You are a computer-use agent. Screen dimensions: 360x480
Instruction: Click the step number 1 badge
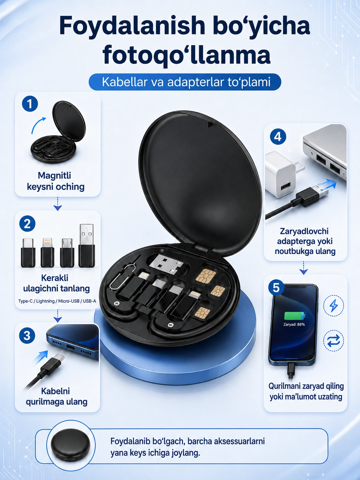coord(30,104)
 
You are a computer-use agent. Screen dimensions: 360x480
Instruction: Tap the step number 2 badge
coord(27,224)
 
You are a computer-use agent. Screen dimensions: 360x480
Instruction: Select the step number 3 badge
coord(27,336)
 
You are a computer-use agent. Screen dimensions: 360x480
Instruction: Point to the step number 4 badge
coord(278,137)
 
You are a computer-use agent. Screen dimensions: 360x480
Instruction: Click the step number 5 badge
coord(276,287)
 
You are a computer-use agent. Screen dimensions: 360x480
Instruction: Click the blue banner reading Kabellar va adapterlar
coord(185,82)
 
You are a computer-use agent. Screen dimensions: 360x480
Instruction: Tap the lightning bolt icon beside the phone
coord(333,306)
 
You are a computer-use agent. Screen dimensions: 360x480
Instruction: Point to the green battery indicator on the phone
coord(294,316)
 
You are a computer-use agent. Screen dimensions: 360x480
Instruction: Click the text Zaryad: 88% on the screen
coord(294,325)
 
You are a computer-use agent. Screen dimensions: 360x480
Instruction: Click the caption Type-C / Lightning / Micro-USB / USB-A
coord(57,301)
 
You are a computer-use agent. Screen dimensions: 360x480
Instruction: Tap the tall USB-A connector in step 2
coord(87,245)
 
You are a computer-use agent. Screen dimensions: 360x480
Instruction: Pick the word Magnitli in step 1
coord(54,175)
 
